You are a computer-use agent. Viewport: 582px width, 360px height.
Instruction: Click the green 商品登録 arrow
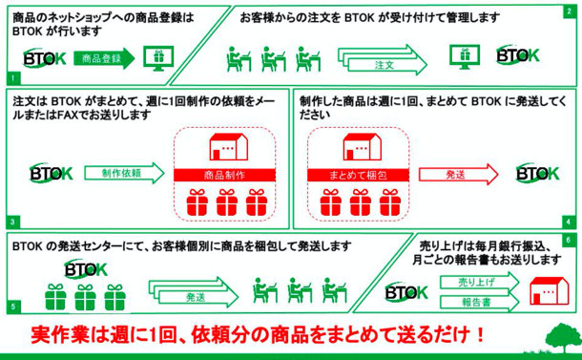(104, 58)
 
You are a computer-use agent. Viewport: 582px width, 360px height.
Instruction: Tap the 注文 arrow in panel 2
(383, 60)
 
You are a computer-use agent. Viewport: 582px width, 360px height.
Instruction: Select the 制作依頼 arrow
(125, 173)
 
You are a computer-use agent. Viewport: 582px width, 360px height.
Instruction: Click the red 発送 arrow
(459, 174)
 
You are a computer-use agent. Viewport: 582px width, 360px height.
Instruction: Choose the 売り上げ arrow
(480, 283)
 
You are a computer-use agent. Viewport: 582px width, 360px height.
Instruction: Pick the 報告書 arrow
(480, 302)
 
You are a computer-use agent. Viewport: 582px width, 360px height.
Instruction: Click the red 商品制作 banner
(224, 175)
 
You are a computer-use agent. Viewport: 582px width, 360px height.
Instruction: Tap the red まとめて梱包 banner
(358, 175)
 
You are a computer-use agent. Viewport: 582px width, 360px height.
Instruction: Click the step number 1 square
(13, 78)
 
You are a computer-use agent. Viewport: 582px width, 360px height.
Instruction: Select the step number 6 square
(569, 240)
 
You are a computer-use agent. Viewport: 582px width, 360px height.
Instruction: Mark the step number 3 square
(13, 222)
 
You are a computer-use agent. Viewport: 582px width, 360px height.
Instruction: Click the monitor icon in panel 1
(158, 58)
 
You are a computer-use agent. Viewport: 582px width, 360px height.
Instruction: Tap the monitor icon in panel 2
(465, 57)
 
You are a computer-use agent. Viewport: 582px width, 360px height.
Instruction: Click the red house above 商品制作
(229, 147)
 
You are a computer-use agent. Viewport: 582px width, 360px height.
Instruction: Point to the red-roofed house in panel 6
(549, 291)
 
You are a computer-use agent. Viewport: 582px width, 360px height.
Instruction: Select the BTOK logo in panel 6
(406, 292)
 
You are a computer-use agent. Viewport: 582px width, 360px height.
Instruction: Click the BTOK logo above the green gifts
(86, 268)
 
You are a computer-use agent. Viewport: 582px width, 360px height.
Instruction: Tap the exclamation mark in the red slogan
(481, 335)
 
